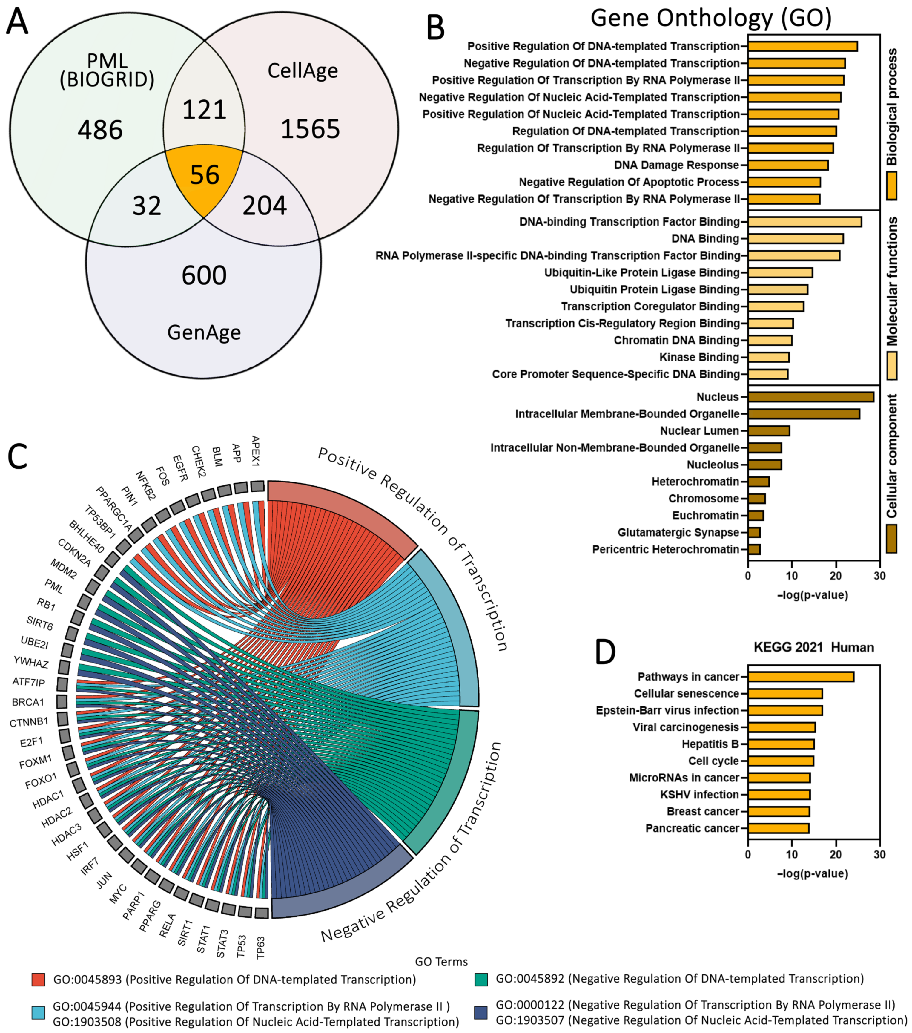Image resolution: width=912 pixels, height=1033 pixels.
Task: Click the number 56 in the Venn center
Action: tap(205, 175)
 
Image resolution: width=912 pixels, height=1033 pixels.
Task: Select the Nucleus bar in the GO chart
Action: tap(810, 397)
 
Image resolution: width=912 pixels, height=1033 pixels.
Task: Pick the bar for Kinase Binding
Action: tap(768, 357)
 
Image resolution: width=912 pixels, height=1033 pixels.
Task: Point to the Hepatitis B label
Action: tap(710, 744)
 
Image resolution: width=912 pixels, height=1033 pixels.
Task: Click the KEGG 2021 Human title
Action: tap(813, 647)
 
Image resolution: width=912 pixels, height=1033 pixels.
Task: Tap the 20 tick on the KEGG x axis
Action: tap(836, 855)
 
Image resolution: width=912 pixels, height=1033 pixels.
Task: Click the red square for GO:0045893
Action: tap(38, 980)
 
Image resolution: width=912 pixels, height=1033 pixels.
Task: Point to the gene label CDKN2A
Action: tap(74, 553)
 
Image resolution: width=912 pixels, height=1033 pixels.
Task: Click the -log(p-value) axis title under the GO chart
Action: tap(813, 595)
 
